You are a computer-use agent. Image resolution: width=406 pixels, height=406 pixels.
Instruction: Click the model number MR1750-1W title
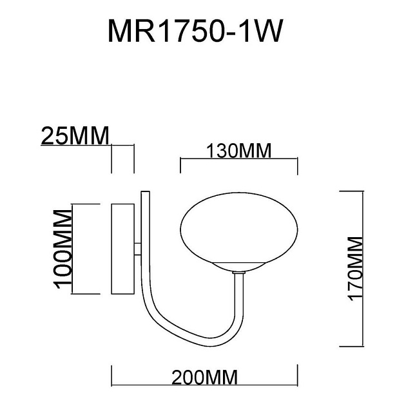(x=195, y=30)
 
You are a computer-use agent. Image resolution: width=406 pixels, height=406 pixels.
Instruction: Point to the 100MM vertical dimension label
(x=63, y=248)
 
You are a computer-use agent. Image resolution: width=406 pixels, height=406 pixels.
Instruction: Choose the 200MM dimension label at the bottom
(x=204, y=376)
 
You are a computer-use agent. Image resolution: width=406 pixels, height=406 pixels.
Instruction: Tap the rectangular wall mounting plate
(x=122, y=249)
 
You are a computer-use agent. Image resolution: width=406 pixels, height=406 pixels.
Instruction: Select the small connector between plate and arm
(x=137, y=248)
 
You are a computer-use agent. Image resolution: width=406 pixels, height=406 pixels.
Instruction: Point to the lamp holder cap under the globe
(x=238, y=266)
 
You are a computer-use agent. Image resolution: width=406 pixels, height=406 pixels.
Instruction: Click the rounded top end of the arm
(x=146, y=192)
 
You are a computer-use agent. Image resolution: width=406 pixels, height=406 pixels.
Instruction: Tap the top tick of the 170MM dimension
(x=349, y=191)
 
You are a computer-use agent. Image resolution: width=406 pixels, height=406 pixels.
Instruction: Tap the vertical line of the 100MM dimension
(x=72, y=248)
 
